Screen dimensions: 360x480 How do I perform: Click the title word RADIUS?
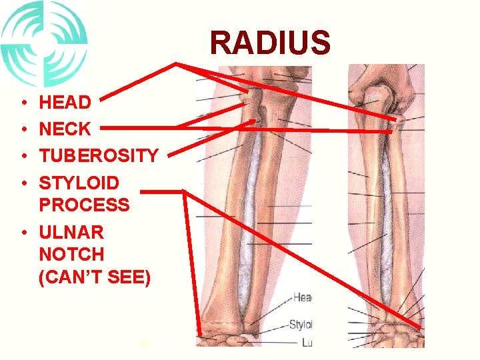pyautogui.click(x=269, y=43)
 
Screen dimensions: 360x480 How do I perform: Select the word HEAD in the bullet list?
pyautogui.click(x=65, y=103)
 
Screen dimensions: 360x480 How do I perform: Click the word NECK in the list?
pyautogui.click(x=65, y=129)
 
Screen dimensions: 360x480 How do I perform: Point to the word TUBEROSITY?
pyautogui.click(x=99, y=155)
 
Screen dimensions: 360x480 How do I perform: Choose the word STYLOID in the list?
pyautogui.click(x=79, y=182)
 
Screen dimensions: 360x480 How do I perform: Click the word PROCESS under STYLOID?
pyautogui.click(x=85, y=204)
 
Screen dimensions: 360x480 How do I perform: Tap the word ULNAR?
pyautogui.click(x=71, y=233)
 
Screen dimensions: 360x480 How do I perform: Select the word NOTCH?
pyautogui.click(x=72, y=254)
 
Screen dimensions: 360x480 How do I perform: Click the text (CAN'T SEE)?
pyautogui.click(x=95, y=277)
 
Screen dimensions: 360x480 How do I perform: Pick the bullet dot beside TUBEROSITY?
pyautogui.click(x=23, y=157)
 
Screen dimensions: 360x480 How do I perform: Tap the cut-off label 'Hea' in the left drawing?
pyautogui.click(x=303, y=298)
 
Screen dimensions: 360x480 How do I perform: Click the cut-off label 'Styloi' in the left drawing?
pyautogui.click(x=301, y=325)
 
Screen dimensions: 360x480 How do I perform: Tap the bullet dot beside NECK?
pyautogui.click(x=23, y=130)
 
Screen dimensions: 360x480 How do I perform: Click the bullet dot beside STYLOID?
pyautogui.click(x=23, y=183)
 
